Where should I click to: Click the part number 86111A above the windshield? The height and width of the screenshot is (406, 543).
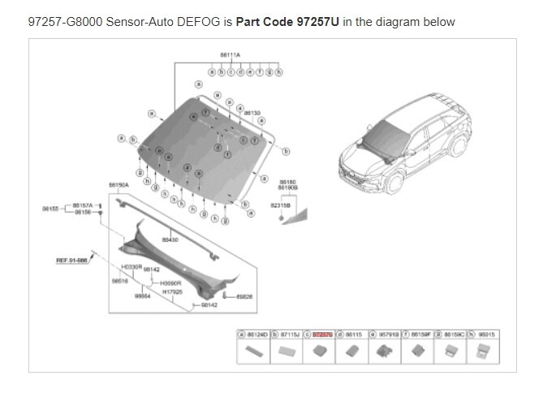230,54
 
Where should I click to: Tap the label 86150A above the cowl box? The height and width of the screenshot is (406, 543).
119,184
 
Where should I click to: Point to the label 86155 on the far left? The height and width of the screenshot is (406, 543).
50,209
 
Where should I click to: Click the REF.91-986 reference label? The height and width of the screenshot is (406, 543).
71,260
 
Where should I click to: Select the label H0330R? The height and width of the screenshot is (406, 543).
131,266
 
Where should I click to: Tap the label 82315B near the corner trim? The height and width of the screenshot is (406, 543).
280,206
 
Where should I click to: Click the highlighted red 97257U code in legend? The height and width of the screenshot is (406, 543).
323,334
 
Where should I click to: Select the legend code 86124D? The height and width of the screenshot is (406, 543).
256,334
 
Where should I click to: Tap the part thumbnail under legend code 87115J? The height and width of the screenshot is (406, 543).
286,352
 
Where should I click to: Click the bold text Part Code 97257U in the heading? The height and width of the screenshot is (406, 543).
287,22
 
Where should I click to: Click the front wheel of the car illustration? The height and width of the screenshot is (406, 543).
394,182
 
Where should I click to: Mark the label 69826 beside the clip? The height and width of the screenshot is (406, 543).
244,296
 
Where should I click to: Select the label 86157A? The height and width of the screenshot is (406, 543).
83,205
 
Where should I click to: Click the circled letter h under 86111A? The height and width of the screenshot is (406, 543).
278,72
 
